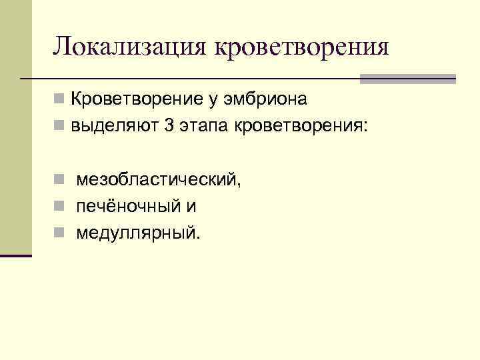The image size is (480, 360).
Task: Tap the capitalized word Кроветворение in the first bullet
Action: click(134, 100)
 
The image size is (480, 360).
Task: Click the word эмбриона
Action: click(266, 100)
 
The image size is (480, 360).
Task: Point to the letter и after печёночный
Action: click(191, 207)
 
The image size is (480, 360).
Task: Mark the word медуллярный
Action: click(137, 233)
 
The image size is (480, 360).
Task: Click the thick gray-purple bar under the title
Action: click(407, 79)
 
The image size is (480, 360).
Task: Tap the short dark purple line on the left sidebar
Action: click(16, 255)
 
